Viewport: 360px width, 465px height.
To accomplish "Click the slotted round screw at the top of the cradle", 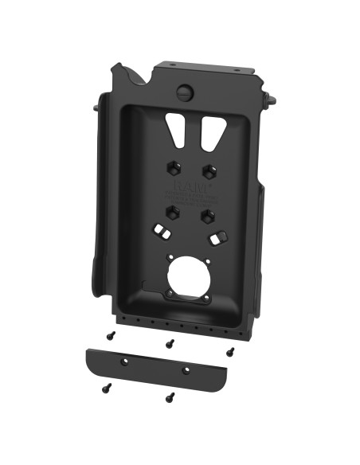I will (x=185, y=92).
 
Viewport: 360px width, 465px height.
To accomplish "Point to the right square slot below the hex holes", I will (x=214, y=237).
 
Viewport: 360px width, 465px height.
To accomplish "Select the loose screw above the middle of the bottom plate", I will (x=170, y=343).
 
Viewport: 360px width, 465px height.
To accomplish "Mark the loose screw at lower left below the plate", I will (x=106, y=389).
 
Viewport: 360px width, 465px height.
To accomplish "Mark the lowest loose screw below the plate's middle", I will (x=168, y=396).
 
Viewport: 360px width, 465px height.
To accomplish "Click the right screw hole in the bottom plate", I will (x=186, y=369).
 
